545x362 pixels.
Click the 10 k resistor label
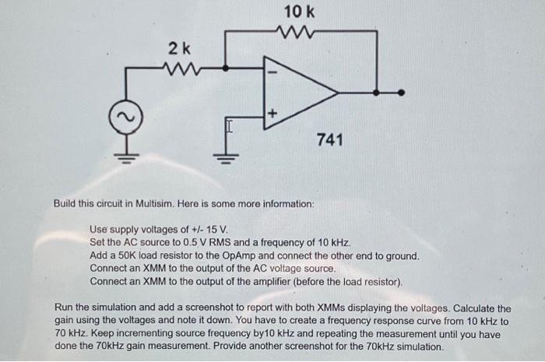pos(300,12)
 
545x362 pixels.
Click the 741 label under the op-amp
pos(329,140)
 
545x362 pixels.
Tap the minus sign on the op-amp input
pos(272,72)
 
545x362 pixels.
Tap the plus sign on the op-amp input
pos(272,114)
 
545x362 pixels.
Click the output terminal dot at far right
pos(401,93)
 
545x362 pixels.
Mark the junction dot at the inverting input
pos(226,69)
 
